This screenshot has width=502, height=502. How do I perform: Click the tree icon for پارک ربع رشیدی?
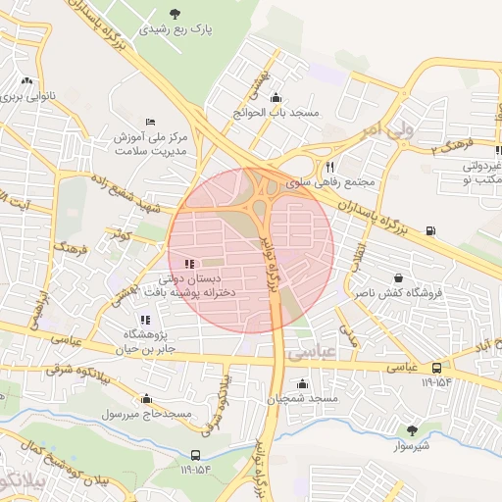[x=176, y=13]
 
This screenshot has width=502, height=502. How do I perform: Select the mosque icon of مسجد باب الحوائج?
[x=276, y=97]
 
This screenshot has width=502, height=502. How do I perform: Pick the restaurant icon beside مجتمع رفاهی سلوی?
[x=330, y=167]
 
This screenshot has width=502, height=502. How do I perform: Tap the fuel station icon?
[x=432, y=232]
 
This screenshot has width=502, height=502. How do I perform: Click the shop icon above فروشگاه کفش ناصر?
[x=397, y=277]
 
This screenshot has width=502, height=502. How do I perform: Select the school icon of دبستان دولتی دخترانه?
[x=189, y=263]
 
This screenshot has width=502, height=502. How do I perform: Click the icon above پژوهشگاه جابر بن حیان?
[x=145, y=320]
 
